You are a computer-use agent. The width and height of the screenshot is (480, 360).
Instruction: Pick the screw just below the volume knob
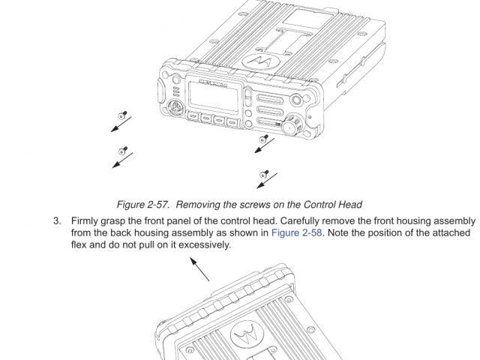tap(263, 139)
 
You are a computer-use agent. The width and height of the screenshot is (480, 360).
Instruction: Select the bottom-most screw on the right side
tap(263, 174)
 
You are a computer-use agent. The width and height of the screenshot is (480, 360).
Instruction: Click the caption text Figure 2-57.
tap(142, 205)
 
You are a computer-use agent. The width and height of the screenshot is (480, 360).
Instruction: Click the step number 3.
tap(55, 221)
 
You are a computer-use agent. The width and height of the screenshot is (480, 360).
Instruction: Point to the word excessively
tap(205, 245)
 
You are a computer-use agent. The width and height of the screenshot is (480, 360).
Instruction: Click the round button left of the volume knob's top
tap(297, 99)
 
